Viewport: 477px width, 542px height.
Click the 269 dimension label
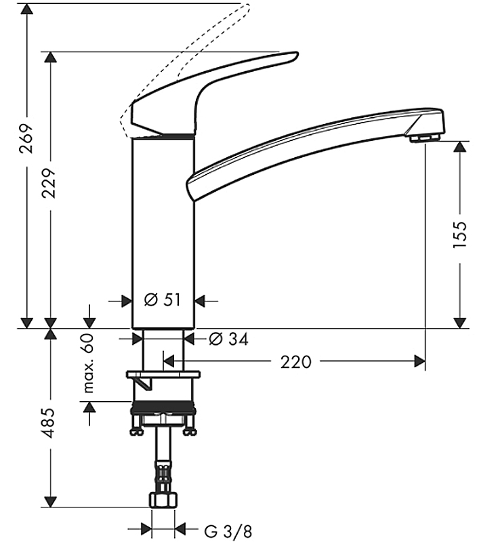26,138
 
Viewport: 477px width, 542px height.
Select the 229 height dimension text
49,183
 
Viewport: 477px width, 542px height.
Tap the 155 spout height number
459,234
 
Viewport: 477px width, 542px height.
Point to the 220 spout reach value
295,362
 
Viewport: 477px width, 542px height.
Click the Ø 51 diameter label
163,299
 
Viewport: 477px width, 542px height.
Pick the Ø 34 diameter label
229,339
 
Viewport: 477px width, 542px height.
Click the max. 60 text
89,363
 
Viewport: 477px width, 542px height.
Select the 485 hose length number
49,423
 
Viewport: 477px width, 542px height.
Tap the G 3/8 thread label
228,531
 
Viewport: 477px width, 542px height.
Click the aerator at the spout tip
425,138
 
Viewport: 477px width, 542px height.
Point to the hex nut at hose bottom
163,500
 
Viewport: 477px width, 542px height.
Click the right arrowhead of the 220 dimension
419,362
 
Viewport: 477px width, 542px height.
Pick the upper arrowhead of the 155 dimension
459,147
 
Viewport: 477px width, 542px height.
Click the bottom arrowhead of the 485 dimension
50,501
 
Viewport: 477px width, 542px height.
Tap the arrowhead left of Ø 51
127,301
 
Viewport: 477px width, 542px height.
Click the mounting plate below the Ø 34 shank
163,375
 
